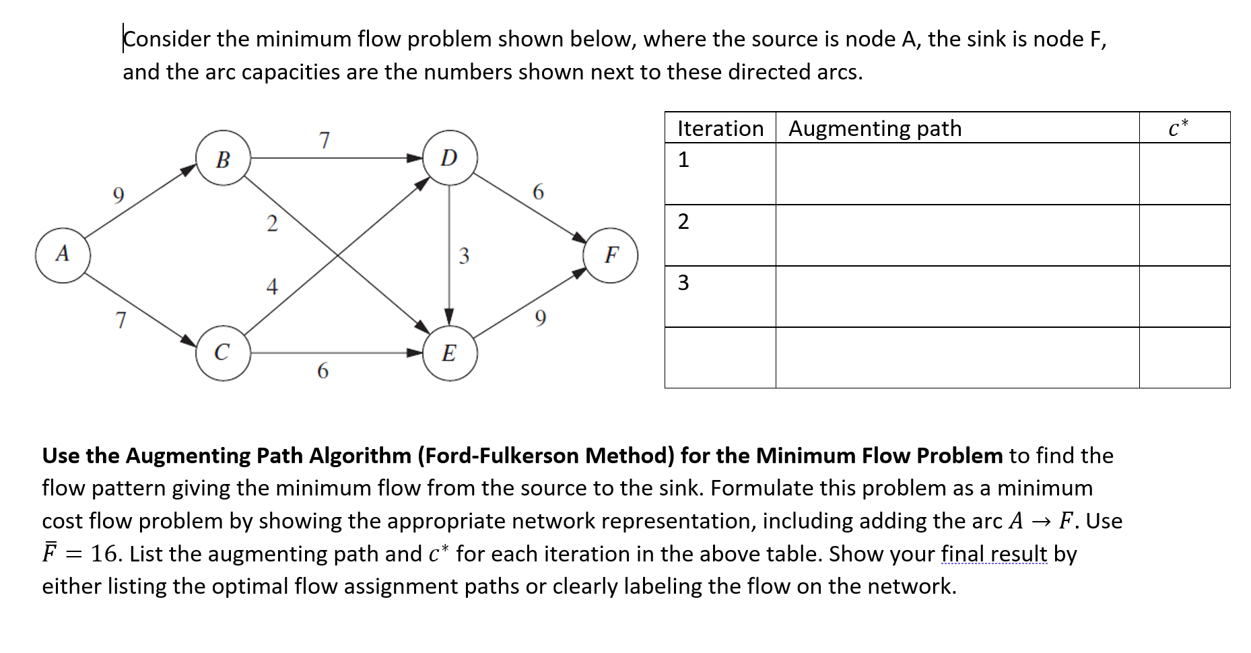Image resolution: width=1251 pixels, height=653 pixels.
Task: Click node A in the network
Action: click(x=63, y=255)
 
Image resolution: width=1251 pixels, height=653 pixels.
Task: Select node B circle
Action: click(x=223, y=159)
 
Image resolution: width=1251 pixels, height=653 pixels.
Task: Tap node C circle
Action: click(x=223, y=352)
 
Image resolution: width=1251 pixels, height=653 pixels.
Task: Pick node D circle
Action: click(x=450, y=158)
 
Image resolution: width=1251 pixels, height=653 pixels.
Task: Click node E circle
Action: click(x=450, y=352)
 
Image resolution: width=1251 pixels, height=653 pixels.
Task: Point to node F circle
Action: click(x=611, y=255)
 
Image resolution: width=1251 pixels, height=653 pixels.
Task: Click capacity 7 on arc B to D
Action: click(x=325, y=140)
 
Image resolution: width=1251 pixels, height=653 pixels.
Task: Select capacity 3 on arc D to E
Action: click(x=463, y=256)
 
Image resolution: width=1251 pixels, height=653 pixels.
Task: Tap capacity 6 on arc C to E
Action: click(x=323, y=371)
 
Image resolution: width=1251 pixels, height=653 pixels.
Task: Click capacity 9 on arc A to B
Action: click(x=118, y=195)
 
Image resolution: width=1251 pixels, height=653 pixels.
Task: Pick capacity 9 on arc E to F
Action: click(x=540, y=318)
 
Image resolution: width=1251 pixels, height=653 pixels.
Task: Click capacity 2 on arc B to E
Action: click(x=271, y=223)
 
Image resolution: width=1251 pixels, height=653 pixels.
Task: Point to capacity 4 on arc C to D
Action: click(x=271, y=287)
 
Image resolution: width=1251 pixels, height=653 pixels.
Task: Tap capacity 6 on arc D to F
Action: click(x=538, y=193)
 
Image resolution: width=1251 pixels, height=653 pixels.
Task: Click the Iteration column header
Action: click(x=720, y=128)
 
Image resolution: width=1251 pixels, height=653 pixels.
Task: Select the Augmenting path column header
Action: click(x=875, y=128)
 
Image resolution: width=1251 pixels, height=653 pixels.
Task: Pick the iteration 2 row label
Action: click(x=683, y=221)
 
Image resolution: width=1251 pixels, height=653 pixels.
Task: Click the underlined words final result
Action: click(x=994, y=554)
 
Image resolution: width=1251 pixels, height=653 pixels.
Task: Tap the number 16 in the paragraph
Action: click(x=106, y=554)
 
